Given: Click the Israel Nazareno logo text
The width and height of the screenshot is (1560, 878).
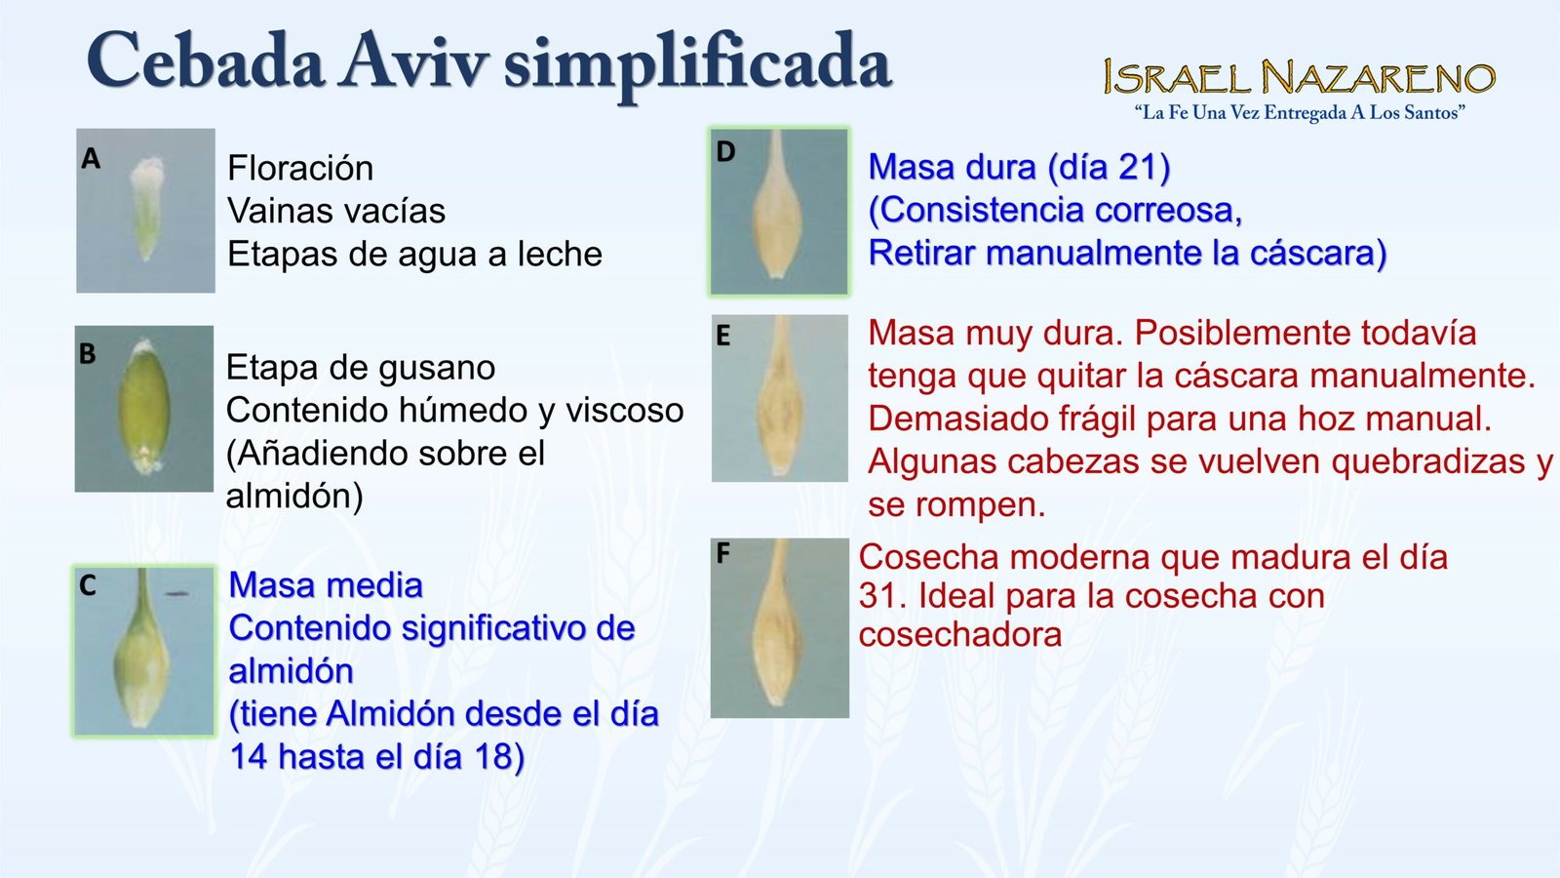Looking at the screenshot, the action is (1300, 77).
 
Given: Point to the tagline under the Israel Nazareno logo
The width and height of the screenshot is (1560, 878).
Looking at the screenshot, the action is (1300, 113).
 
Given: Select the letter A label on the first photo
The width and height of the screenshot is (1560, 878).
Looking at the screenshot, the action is (91, 159).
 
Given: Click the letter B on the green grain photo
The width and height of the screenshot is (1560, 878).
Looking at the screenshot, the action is (87, 353).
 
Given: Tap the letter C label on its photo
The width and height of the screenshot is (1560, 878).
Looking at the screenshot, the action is (87, 585).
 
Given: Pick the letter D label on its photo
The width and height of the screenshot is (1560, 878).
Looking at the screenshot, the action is (725, 151).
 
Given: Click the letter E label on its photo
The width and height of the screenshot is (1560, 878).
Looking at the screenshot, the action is (723, 336).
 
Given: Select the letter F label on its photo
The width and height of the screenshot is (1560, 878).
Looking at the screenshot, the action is (723, 553).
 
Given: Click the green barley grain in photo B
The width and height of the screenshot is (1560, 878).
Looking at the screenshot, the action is (145, 404).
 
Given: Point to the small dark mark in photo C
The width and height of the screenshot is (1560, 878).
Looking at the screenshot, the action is (176, 594).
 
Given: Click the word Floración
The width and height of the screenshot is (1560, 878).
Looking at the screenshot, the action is (300, 169).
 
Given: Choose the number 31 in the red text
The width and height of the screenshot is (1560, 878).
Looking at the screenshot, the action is (878, 596).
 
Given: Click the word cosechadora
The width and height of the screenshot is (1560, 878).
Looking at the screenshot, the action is (960, 635).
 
